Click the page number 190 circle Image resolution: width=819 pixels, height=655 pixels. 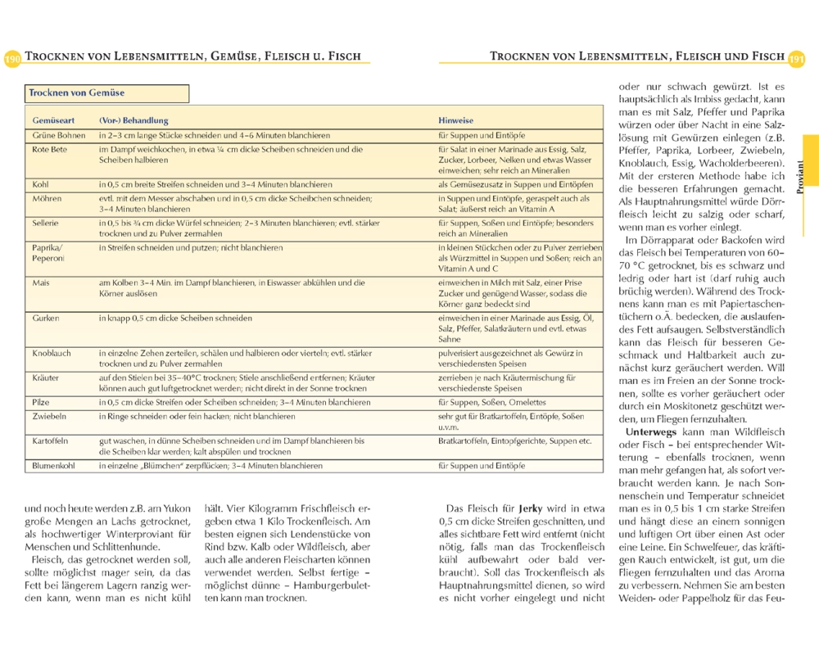pyautogui.click(x=12, y=59)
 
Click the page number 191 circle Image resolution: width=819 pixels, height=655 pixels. pyautogui.click(x=797, y=59)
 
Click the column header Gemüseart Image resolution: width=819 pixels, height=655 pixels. pyautogui.click(x=53, y=120)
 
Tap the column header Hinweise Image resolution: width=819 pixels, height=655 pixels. pyautogui.click(x=455, y=120)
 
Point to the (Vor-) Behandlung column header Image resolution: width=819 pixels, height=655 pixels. pyautogui.click(x=133, y=120)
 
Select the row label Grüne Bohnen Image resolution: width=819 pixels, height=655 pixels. pyautogui.click(x=59, y=134)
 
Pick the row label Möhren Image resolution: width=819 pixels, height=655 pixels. pyautogui.click(x=48, y=199)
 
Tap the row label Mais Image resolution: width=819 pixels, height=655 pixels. pyautogui.click(x=41, y=282)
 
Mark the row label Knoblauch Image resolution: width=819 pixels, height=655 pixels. pyautogui.click(x=52, y=353)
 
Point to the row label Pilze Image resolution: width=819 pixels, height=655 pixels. pyautogui.click(x=42, y=402)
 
